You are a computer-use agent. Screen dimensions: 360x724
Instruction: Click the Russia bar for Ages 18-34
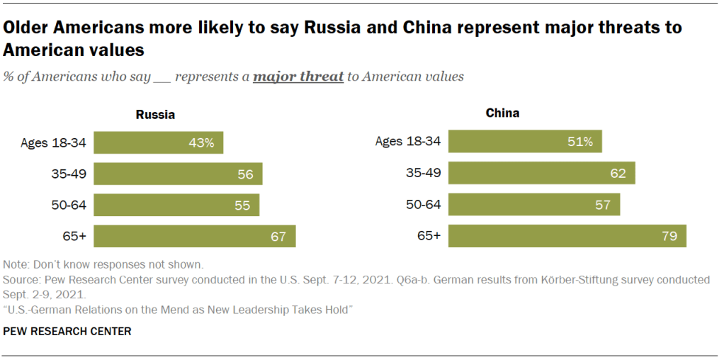pos(158,142)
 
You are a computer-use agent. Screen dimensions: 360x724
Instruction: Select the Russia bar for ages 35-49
pos(178,174)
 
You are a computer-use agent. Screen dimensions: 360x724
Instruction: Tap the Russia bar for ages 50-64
pos(176,205)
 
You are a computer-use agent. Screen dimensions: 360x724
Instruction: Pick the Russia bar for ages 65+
pos(194,236)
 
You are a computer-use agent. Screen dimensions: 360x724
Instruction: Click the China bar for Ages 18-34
pos(524,141)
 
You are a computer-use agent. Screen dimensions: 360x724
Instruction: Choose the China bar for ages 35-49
pos(541,173)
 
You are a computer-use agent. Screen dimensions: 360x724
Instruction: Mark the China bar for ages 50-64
pos(533,204)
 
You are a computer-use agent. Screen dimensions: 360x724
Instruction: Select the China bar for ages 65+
pos(567,236)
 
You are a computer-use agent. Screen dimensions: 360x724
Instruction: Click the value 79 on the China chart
pos(669,236)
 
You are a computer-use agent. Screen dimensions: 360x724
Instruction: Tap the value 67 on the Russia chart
pos(278,236)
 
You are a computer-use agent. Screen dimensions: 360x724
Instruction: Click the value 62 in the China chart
pos(618,173)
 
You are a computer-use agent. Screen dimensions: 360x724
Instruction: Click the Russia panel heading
pos(155,115)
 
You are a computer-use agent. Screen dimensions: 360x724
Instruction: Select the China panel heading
pos(502,113)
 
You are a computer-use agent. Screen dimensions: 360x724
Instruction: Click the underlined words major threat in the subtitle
pos(298,76)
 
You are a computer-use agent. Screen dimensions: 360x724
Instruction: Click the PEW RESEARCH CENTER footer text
pos(67,331)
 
